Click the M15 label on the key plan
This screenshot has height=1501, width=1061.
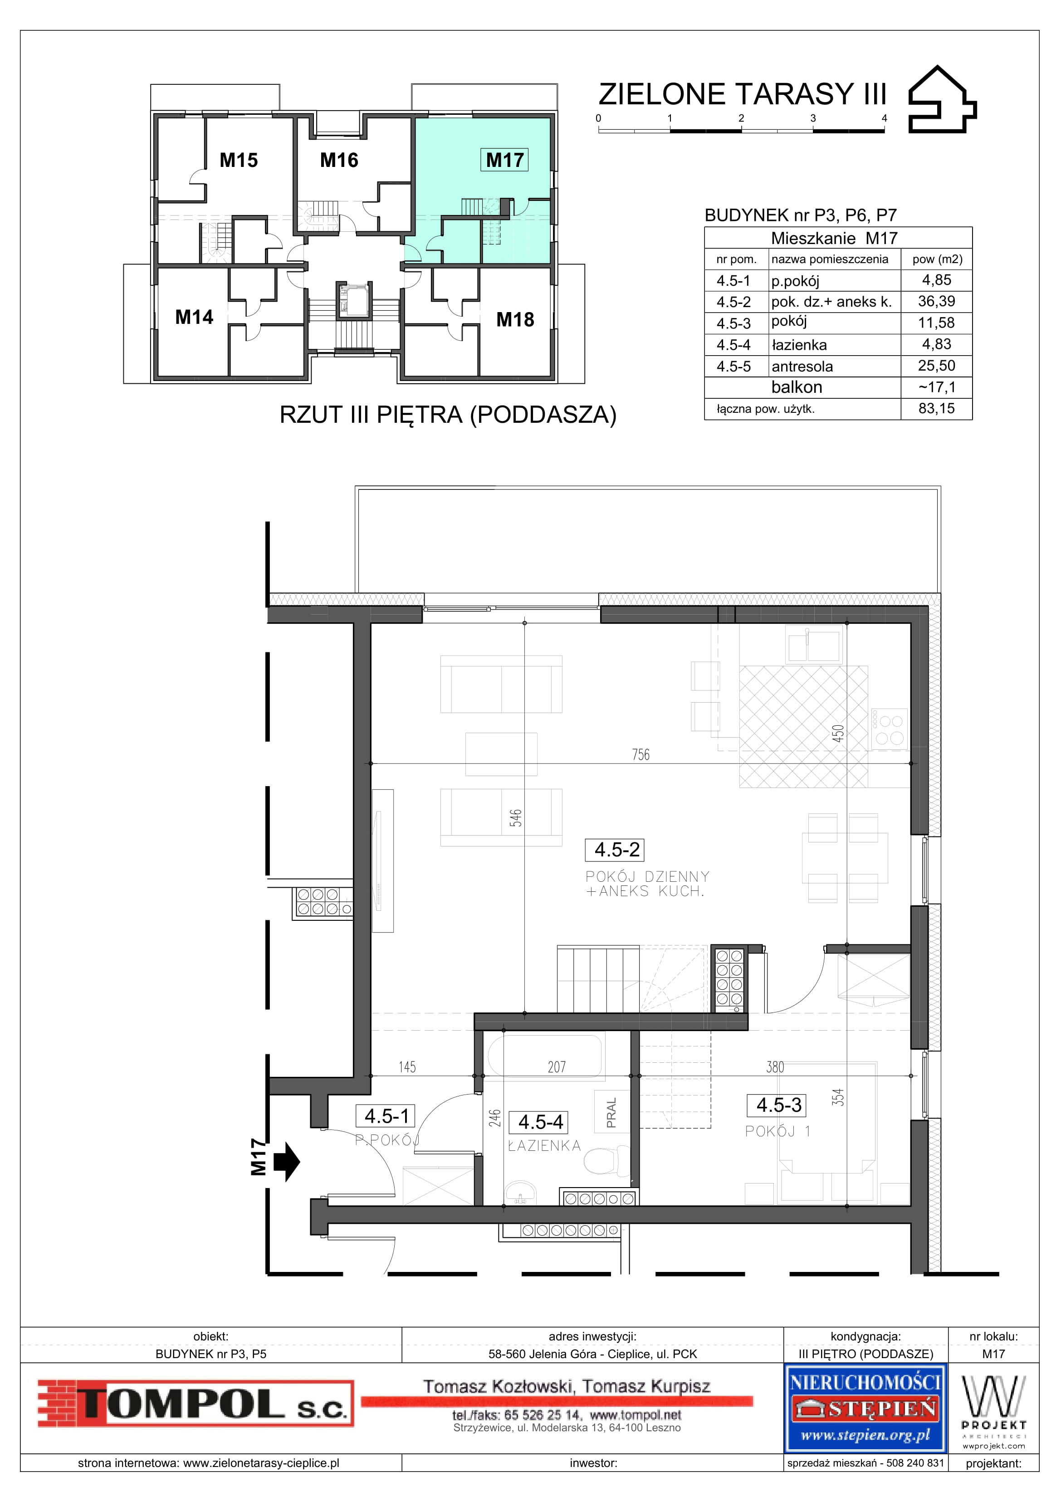(239, 160)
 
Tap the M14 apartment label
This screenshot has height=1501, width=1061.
(194, 317)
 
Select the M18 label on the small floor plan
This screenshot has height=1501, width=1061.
(515, 320)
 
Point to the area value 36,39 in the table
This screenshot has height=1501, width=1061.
(936, 301)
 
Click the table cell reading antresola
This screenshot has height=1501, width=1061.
(802, 366)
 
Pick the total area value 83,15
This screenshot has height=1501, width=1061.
(936, 409)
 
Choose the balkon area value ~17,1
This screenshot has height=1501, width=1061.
(937, 387)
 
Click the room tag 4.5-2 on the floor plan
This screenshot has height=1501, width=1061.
(616, 850)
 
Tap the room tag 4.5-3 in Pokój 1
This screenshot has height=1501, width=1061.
(778, 1105)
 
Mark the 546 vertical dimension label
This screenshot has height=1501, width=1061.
(516, 818)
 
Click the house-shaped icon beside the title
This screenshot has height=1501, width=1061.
(942, 99)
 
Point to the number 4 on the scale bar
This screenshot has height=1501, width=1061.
(885, 118)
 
